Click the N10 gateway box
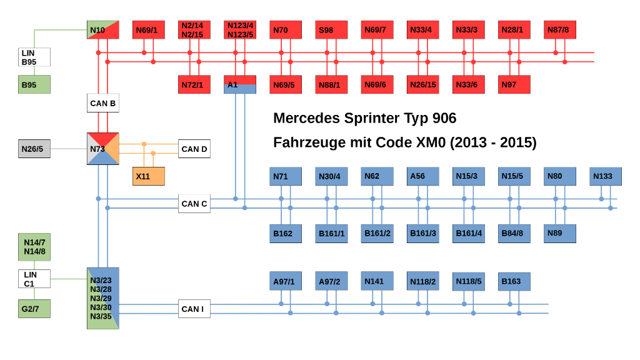point(103,30)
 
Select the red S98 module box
point(331,30)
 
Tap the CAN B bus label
point(103,103)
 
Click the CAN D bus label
point(194,149)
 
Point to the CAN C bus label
point(194,204)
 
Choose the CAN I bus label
point(194,309)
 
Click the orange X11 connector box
point(149,176)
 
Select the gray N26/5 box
point(34,149)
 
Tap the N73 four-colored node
point(103,149)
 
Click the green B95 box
point(34,84)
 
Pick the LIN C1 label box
point(34,279)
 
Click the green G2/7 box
point(34,309)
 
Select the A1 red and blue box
point(240,84)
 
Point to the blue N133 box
point(606,176)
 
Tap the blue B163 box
point(514,282)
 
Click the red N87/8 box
point(560,30)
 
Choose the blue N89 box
point(560,234)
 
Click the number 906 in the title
point(444,118)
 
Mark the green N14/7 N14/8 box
point(34,247)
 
